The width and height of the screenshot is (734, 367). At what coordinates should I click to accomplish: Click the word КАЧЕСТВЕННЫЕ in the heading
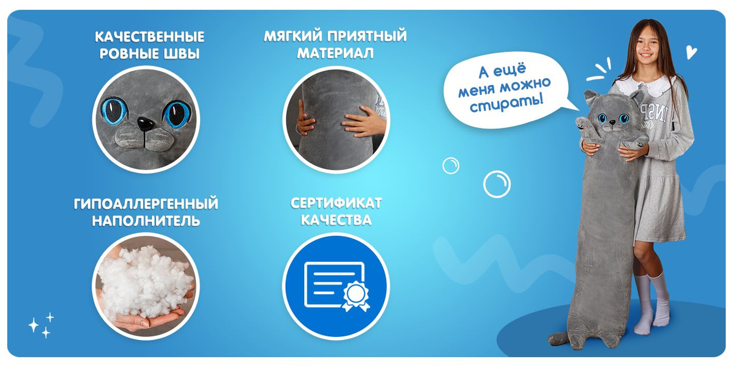(x=150, y=37)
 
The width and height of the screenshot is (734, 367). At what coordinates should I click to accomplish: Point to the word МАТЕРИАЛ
(x=335, y=53)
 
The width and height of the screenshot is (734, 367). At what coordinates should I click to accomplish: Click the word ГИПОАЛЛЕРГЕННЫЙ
(x=146, y=204)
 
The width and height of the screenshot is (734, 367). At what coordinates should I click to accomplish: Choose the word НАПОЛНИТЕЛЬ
(x=146, y=221)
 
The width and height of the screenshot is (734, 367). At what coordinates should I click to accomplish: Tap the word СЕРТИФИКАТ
(x=336, y=203)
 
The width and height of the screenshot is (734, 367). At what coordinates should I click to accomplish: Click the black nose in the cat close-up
(x=146, y=124)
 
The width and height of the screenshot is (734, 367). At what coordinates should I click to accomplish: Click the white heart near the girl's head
(x=691, y=53)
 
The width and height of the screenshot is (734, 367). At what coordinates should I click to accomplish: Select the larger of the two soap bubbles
(x=497, y=185)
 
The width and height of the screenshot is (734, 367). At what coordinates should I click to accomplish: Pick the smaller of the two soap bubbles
(x=451, y=166)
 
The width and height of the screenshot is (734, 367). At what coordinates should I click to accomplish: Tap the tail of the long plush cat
(x=558, y=339)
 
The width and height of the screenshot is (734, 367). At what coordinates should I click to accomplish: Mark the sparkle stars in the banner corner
(x=42, y=325)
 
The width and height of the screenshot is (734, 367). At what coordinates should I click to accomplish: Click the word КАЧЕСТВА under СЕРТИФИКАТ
(x=336, y=220)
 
